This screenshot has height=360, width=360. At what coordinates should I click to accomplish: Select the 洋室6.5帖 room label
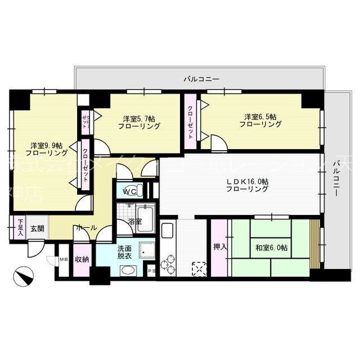tap(260, 120)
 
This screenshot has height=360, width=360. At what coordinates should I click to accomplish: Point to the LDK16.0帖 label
tap(247, 185)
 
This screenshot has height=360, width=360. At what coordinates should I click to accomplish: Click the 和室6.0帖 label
tap(271, 247)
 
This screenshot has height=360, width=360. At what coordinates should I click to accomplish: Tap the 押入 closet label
tap(219, 247)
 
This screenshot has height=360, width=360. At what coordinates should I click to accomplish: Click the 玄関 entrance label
tap(37, 228)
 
